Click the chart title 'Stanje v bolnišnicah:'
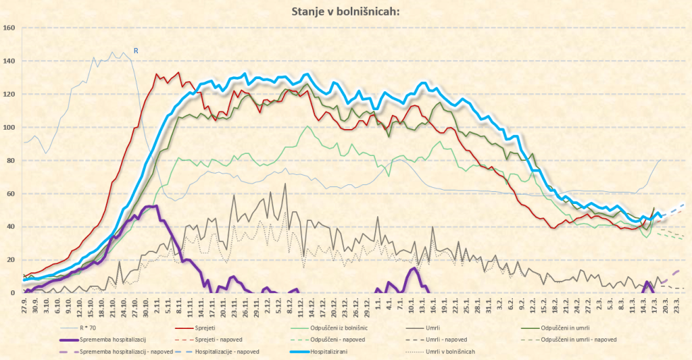pos(345,11)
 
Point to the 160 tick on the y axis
pos(9,28)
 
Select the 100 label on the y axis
pos(9,127)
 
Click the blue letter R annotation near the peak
pos(136,51)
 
